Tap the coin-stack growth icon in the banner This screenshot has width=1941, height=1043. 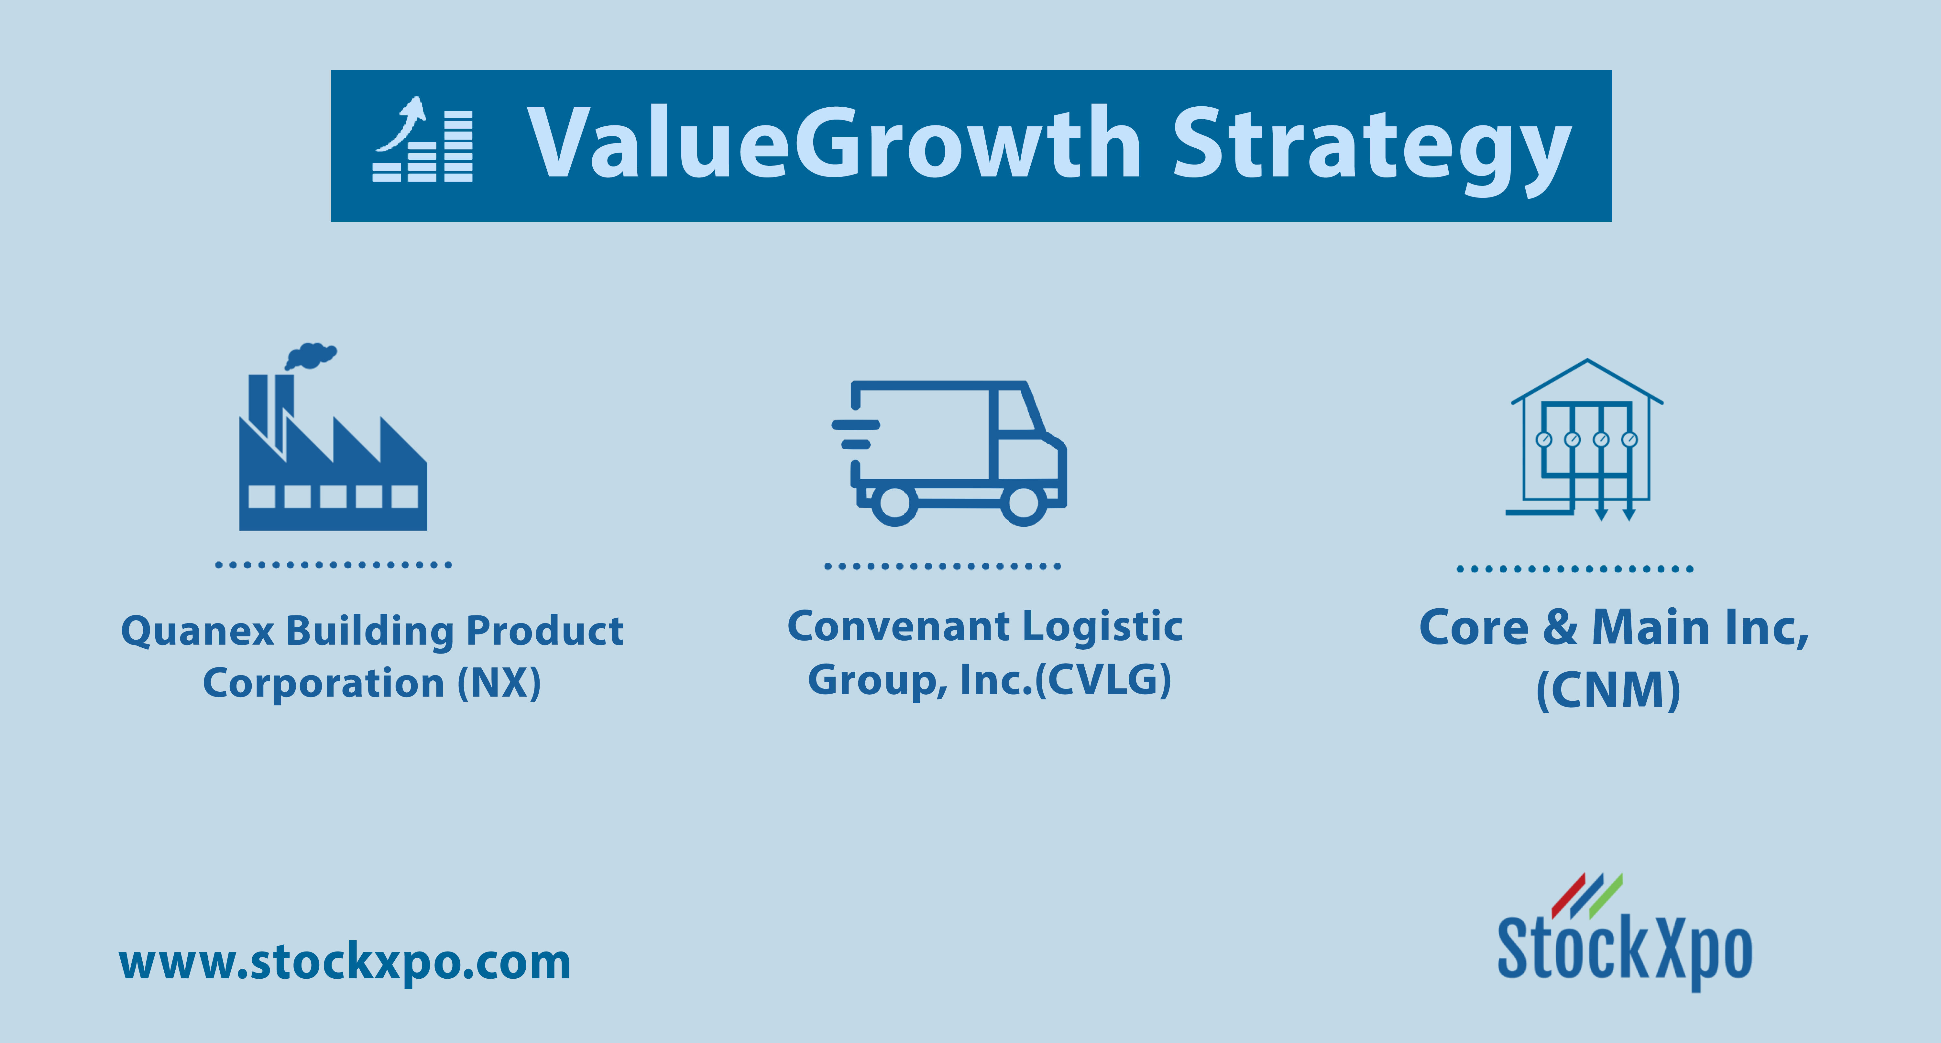point(423,140)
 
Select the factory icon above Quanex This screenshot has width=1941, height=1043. point(333,437)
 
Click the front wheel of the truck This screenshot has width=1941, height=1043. point(1023,505)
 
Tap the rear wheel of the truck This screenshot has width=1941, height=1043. point(894,505)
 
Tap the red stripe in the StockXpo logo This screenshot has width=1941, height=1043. point(1570,896)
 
